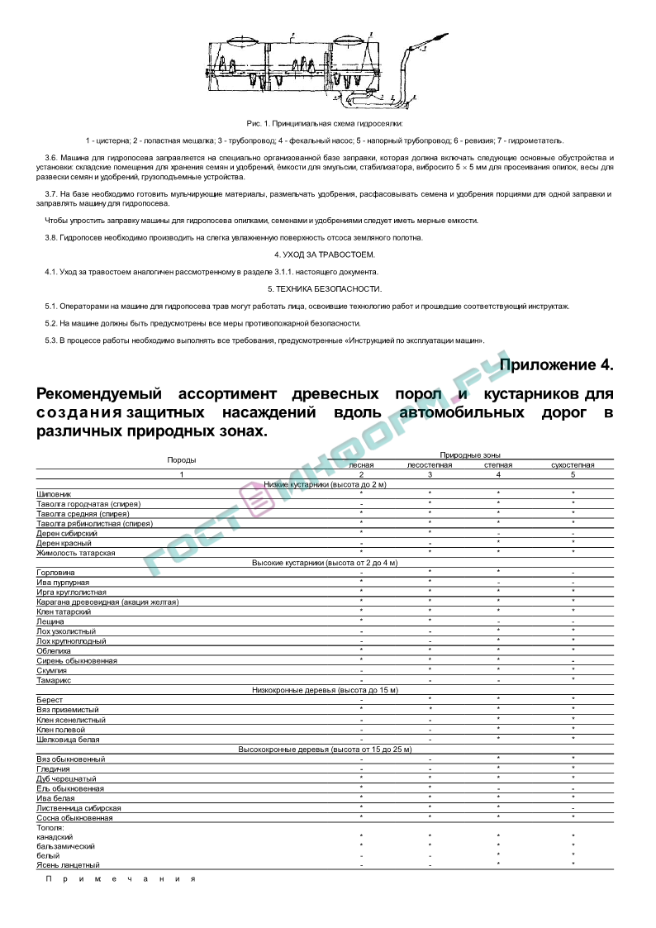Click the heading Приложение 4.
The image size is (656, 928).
click(556, 364)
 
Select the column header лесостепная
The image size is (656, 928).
click(430, 464)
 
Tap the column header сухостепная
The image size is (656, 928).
click(573, 464)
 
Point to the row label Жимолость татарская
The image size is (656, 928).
click(76, 552)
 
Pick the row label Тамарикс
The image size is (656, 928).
click(54, 680)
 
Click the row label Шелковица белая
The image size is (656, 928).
click(68, 739)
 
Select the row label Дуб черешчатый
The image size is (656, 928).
click(66, 778)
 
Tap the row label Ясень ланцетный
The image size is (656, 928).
click(63, 864)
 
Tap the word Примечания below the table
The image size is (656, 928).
click(121, 878)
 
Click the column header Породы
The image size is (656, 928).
click(182, 459)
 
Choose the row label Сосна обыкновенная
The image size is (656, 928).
click(74, 817)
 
